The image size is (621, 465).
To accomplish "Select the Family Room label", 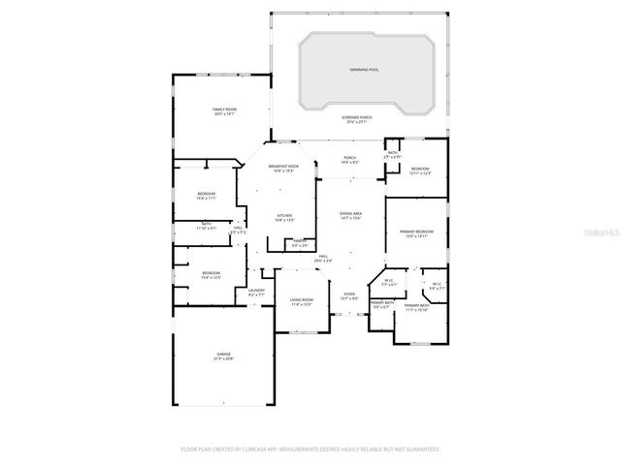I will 225,111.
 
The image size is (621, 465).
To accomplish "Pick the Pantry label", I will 300,242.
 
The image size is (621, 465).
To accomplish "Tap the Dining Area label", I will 350,215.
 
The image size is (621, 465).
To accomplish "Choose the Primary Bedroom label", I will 416,233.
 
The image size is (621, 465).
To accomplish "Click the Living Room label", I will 302,301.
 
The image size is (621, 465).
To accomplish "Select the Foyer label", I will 349,295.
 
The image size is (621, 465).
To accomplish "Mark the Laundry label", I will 256,292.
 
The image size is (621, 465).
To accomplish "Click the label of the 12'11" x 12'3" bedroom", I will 420,170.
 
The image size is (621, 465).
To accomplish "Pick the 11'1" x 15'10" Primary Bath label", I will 415,308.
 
